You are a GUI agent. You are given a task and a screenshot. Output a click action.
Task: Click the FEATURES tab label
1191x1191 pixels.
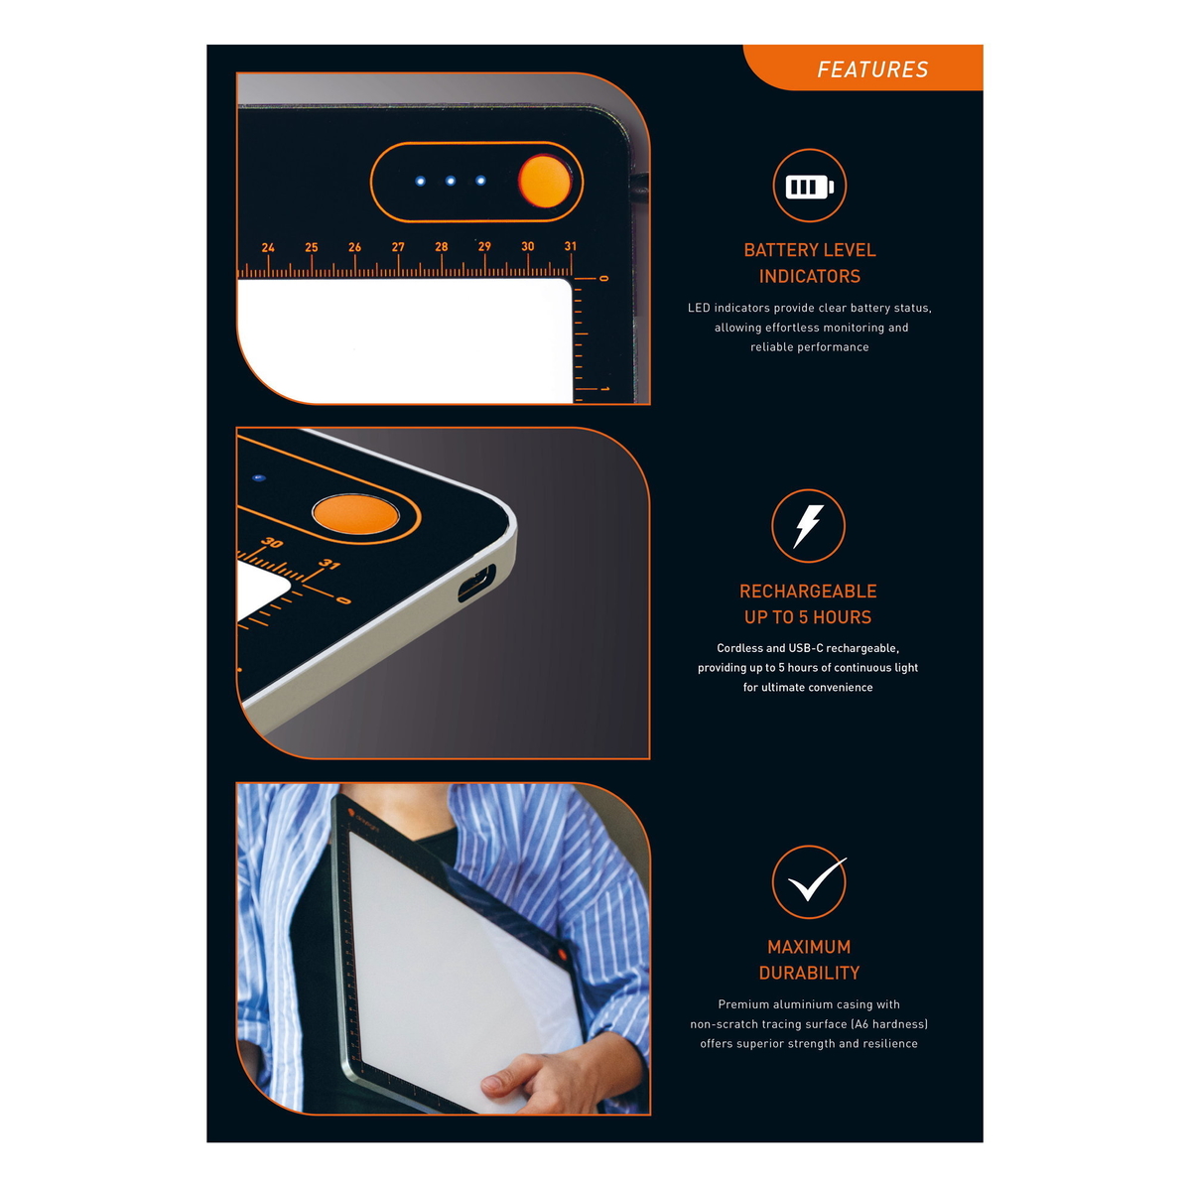click(x=872, y=69)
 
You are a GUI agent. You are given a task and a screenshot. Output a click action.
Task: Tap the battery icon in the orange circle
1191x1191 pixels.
click(x=809, y=186)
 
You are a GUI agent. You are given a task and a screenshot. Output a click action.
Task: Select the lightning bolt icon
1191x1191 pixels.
click(x=808, y=526)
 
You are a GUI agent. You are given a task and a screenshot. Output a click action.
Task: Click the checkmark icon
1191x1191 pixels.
click(x=817, y=879)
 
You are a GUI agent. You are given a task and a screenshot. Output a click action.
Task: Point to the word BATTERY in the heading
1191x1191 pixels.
click(x=776, y=250)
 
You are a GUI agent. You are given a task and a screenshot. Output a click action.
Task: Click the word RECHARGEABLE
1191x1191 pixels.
click(x=808, y=591)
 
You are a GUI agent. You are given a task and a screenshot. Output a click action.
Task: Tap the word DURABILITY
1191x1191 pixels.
click(x=809, y=973)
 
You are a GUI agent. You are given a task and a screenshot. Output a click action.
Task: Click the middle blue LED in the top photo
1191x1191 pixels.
click(x=450, y=181)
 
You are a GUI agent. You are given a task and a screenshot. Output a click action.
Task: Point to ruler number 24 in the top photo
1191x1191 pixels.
click(x=268, y=248)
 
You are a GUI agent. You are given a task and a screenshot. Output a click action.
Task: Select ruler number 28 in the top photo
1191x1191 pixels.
click(x=441, y=246)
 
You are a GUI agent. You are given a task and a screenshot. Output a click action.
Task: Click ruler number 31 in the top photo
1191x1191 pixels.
click(x=570, y=246)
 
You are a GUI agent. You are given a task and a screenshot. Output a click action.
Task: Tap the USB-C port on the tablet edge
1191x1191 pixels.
click(x=476, y=583)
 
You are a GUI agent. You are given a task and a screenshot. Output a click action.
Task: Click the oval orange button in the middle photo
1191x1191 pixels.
click(x=355, y=513)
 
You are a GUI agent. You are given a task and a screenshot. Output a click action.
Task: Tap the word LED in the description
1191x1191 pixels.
click(x=699, y=308)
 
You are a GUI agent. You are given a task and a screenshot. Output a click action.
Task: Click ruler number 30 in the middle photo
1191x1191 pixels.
click(x=271, y=543)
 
